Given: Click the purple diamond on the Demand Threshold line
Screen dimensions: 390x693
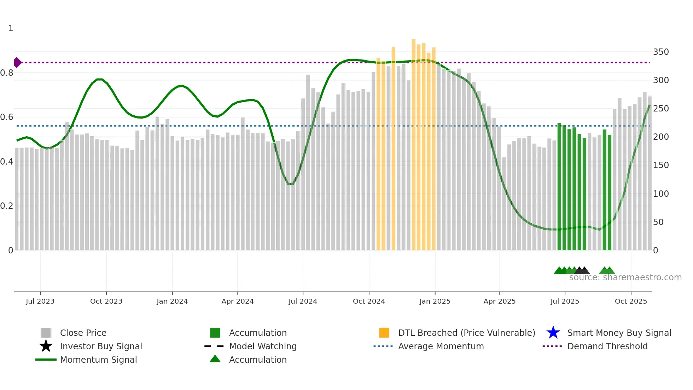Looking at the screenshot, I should [17, 63].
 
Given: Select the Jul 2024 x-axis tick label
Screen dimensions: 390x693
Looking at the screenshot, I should [303, 301].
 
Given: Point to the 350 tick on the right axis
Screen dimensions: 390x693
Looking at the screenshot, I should [660, 52].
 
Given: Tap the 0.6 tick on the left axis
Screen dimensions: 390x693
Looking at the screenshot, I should [7, 117].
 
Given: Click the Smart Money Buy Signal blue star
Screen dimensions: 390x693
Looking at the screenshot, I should [553, 333].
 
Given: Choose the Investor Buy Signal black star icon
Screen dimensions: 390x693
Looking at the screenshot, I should [46, 346].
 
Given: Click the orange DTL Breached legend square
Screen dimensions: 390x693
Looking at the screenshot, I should [384, 333].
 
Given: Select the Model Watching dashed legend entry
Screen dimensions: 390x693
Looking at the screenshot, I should [214, 346].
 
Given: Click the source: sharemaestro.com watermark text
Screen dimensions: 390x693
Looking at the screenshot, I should [625, 277].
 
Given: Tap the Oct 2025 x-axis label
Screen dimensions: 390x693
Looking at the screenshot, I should [631, 301].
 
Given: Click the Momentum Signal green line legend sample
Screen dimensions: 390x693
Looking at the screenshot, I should [46, 360].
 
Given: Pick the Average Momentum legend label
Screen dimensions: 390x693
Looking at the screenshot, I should [441, 346].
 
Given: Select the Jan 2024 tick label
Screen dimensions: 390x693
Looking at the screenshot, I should [172, 301].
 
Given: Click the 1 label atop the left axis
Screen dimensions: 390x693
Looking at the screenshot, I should [11, 28].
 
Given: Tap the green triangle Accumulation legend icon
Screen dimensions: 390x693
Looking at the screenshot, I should [215, 359].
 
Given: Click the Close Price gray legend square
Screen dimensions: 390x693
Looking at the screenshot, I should [46, 333].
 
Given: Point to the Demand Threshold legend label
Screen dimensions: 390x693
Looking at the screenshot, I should [607, 346].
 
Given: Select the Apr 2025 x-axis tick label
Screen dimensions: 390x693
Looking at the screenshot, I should [499, 301].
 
